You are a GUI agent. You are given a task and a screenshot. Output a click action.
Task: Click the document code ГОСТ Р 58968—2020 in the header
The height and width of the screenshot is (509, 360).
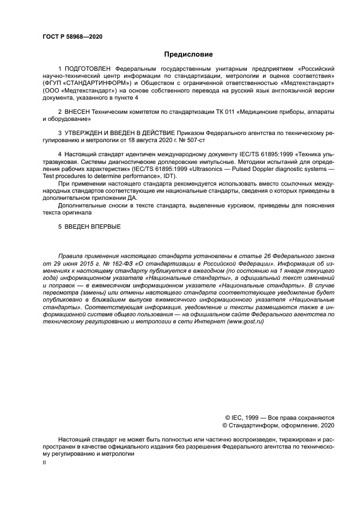pos(72,36)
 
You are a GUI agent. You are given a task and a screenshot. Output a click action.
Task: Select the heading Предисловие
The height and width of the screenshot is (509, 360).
pos(188,54)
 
